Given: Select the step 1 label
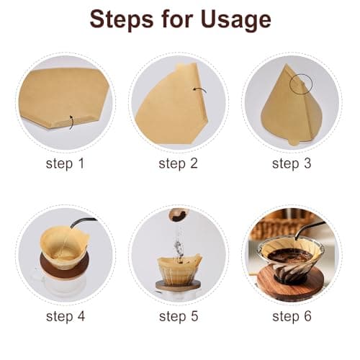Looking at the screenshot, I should [x=65, y=163].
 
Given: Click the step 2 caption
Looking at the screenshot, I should [x=178, y=163].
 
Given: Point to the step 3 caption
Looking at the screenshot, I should [x=291, y=163].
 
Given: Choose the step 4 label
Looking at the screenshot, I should [x=65, y=316].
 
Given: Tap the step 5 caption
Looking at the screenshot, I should [x=178, y=316].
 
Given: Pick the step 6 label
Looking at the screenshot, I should [x=291, y=316].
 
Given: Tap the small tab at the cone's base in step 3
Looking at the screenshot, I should [x=292, y=140].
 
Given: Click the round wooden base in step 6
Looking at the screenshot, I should [x=292, y=287].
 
